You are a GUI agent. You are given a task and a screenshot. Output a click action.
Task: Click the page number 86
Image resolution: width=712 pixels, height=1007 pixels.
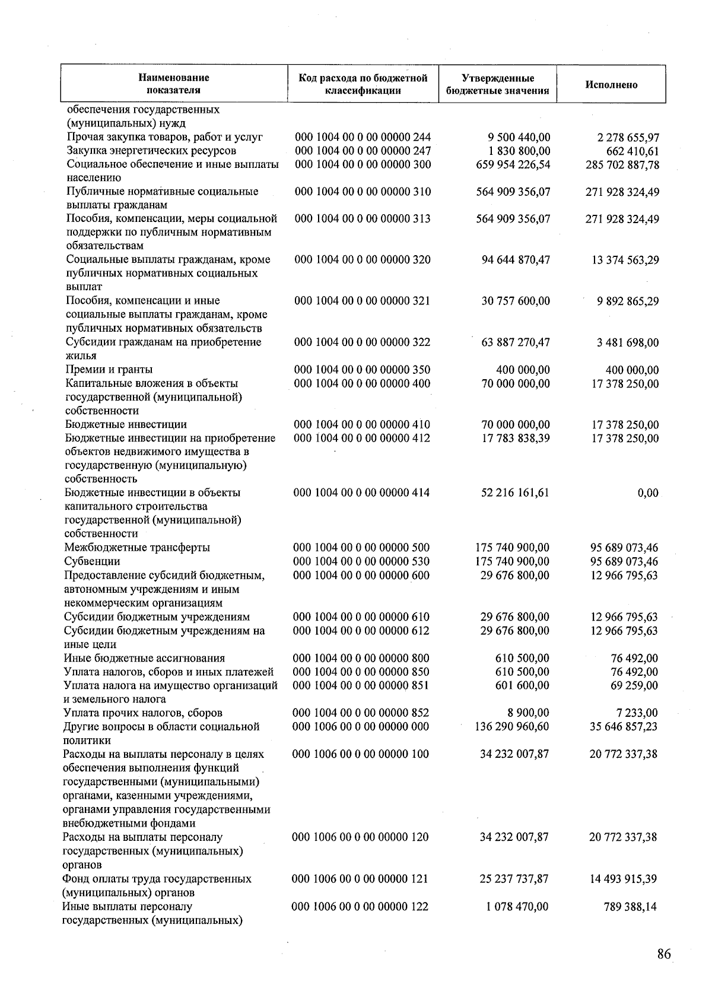pyautogui.click(x=664, y=954)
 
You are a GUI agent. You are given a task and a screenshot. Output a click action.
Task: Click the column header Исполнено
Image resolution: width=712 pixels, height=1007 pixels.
pyautogui.click(x=611, y=85)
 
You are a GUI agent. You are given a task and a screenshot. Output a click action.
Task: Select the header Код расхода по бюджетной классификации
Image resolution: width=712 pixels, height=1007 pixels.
pyautogui.click(x=363, y=84)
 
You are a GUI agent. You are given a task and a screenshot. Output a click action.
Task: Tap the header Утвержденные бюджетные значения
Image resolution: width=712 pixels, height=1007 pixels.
pyautogui.click(x=497, y=84)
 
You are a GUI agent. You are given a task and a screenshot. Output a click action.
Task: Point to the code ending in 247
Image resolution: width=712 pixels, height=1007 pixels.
pyautogui.click(x=363, y=151)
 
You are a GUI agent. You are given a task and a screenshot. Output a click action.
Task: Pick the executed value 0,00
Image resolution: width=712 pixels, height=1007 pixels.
pyautogui.click(x=647, y=493)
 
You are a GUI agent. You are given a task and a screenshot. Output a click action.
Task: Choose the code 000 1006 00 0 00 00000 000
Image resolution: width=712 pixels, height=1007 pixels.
pyautogui.click(x=361, y=727)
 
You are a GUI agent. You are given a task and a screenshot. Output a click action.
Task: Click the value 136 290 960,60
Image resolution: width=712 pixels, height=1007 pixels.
pyautogui.click(x=513, y=727)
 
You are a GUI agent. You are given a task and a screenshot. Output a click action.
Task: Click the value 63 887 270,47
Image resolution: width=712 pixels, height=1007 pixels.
pyautogui.click(x=513, y=342)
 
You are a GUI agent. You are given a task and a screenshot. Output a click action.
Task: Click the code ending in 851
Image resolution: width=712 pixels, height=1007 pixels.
pyautogui.click(x=361, y=685)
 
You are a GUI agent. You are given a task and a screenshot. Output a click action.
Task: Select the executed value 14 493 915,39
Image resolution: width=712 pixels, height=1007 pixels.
pyautogui.click(x=623, y=879)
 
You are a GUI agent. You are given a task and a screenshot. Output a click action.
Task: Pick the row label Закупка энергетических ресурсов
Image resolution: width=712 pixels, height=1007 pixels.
pyautogui.click(x=151, y=151)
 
